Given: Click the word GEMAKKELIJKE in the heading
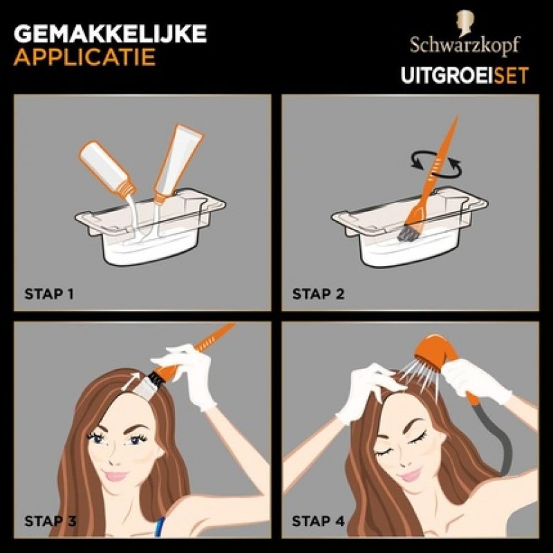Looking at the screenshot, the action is (110, 33).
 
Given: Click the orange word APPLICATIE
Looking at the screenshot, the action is (84, 57).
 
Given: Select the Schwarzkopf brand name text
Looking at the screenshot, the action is (465, 46).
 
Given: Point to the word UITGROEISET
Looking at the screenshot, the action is (465, 75).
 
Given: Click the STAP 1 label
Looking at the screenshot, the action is (49, 294).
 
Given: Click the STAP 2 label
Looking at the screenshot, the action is (318, 294).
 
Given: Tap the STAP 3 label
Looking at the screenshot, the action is (50, 521).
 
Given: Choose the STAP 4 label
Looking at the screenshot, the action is (318, 521).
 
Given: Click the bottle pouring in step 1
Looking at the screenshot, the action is (108, 169).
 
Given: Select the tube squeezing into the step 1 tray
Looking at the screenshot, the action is (178, 163).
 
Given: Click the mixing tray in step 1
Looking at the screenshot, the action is (151, 227).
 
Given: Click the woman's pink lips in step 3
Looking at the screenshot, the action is (116, 476).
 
